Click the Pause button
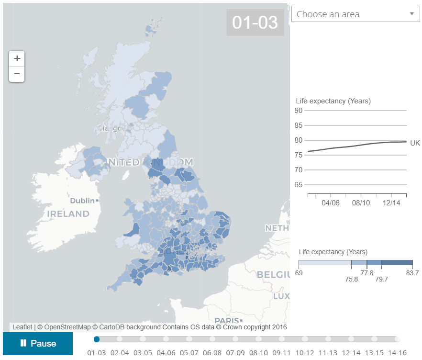[x=38, y=343]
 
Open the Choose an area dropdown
[x=355, y=14]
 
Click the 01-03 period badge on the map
[x=255, y=22]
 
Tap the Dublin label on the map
[x=82, y=201]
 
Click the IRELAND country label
[x=68, y=214]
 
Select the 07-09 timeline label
[x=235, y=353]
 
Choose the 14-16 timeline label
[x=398, y=353]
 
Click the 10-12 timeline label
[x=305, y=353]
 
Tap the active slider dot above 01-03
[x=97, y=339]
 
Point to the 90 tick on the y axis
[x=299, y=111]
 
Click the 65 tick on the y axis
[x=299, y=185]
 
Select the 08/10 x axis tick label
[x=361, y=203]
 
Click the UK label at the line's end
[x=415, y=143]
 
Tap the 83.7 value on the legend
[x=412, y=273]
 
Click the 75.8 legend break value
[x=351, y=279]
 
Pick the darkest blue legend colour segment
[x=397, y=263]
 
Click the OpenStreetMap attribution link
[x=64, y=327]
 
